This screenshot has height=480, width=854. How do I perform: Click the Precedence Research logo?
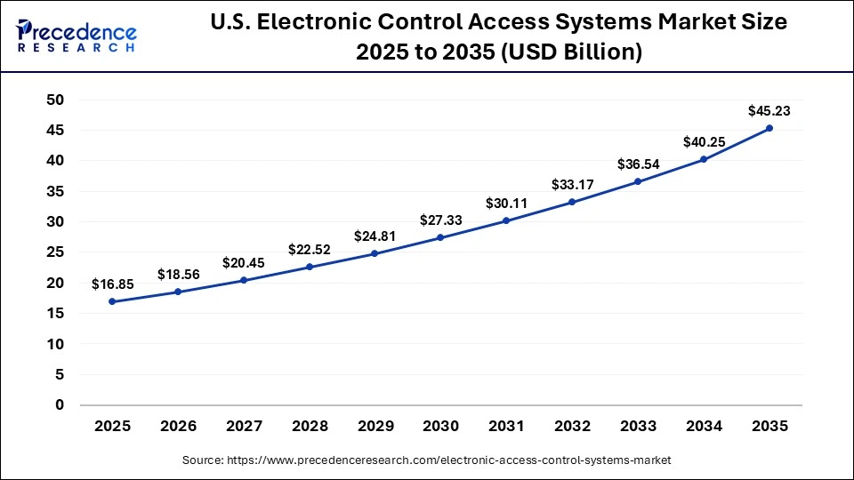pyautogui.click(x=76, y=36)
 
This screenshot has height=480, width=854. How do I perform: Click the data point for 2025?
pyautogui.click(x=112, y=301)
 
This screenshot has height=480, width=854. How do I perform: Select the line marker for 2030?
pyautogui.click(x=440, y=237)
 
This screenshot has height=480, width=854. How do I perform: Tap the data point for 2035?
pyautogui.click(x=769, y=128)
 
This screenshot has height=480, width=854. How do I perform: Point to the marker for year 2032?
pyautogui.click(x=572, y=202)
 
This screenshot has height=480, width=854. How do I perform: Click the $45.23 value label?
pyautogui.click(x=769, y=111)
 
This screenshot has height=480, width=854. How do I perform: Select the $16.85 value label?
pyautogui.click(x=112, y=284)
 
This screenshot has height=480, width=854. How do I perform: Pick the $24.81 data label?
pyautogui.click(x=375, y=236)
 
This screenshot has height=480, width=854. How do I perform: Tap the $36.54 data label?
pyautogui.click(x=638, y=164)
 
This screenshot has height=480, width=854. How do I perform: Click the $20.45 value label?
pyautogui.click(x=244, y=263)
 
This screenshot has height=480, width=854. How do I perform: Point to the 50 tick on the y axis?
pyautogui.click(x=55, y=100)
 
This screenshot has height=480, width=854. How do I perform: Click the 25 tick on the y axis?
pyautogui.click(x=55, y=252)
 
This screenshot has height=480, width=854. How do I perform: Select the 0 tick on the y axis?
pyautogui.click(x=60, y=404)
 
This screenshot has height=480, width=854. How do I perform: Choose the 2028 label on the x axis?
pyautogui.click(x=310, y=427)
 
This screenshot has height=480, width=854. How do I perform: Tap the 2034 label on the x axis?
pyautogui.click(x=704, y=427)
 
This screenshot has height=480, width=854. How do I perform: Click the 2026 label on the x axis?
pyautogui.click(x=178, y=427)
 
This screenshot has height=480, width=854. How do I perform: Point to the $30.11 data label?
pyautogui.click(x=506, y=204)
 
